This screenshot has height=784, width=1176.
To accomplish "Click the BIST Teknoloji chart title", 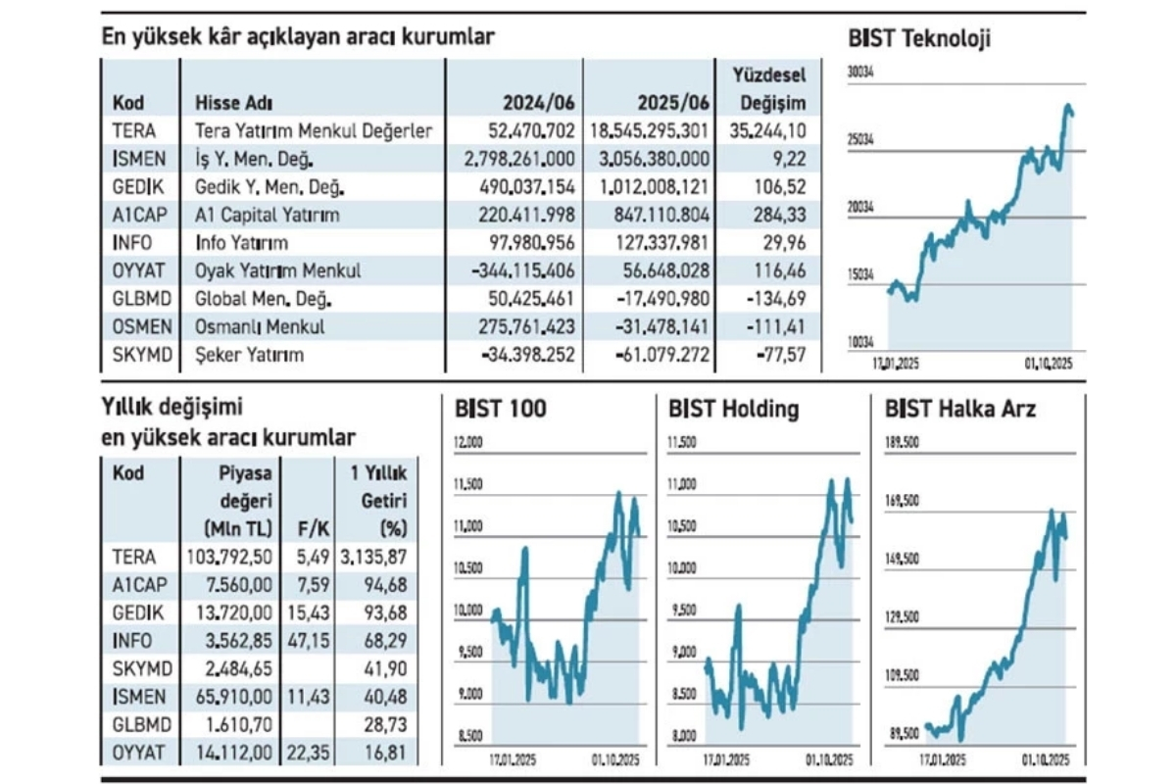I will pyautogui.click(x=918, y=38).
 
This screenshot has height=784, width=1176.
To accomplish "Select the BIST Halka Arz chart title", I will pyautogui.click(x=959, y=409).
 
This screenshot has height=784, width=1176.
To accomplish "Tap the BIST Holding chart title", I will pyautogui.click(x=733, y=409).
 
